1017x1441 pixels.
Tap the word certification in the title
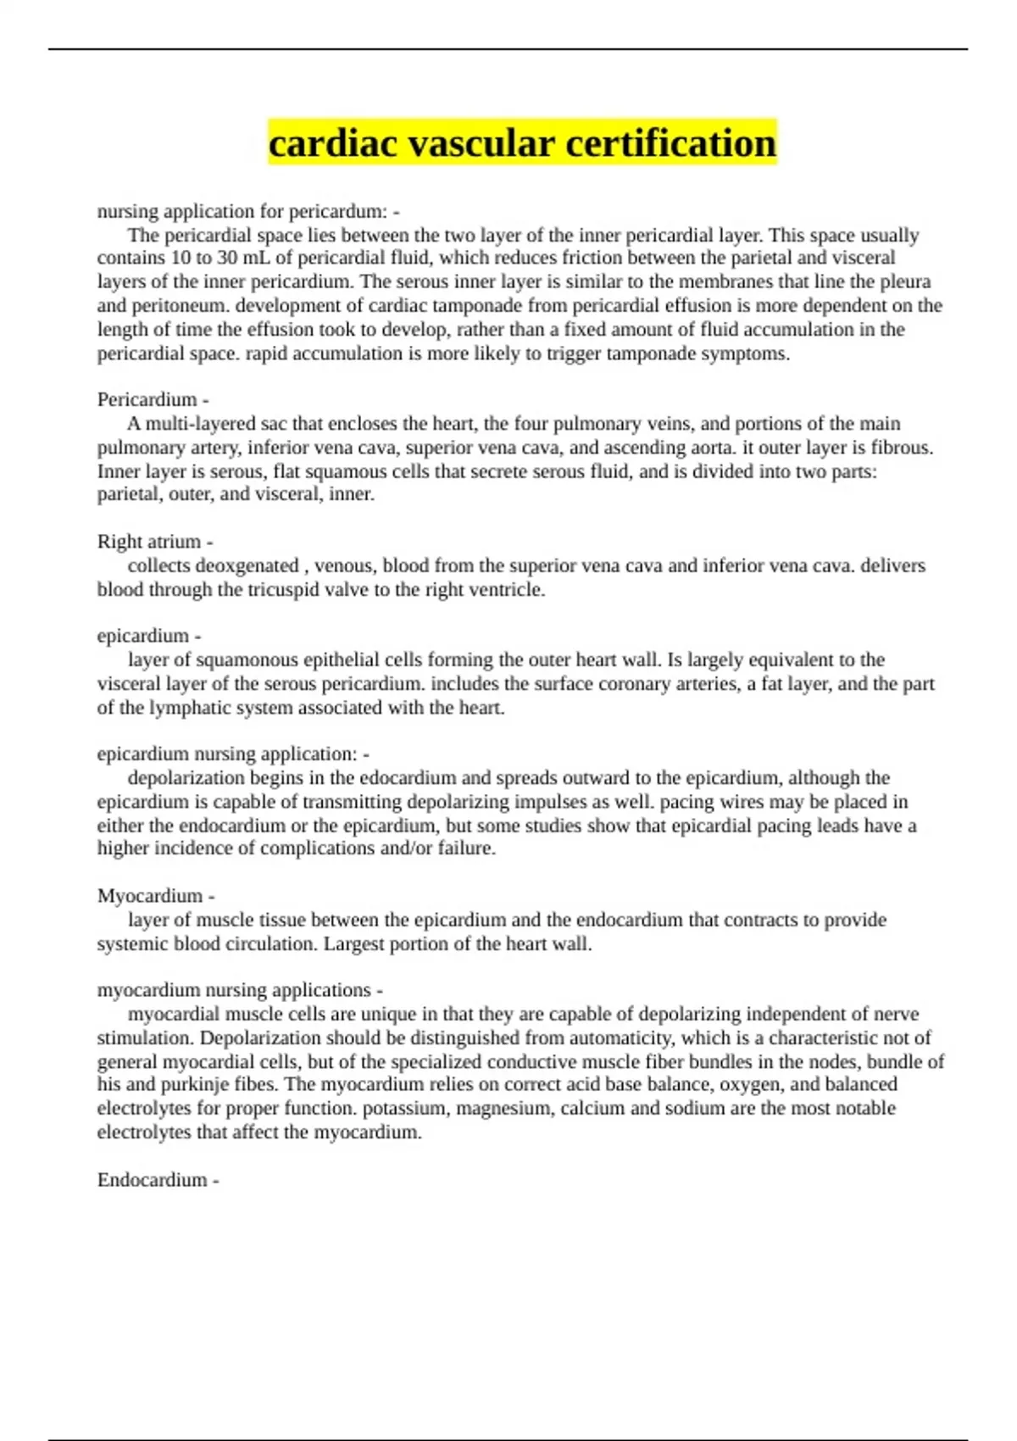670,142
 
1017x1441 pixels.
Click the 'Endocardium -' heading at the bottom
158,1180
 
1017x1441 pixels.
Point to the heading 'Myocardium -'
156,896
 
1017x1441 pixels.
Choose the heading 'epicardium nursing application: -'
233,754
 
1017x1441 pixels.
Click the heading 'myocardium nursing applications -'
240,990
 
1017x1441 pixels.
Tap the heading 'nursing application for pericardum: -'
248,211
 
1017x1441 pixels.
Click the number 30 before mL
228,259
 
